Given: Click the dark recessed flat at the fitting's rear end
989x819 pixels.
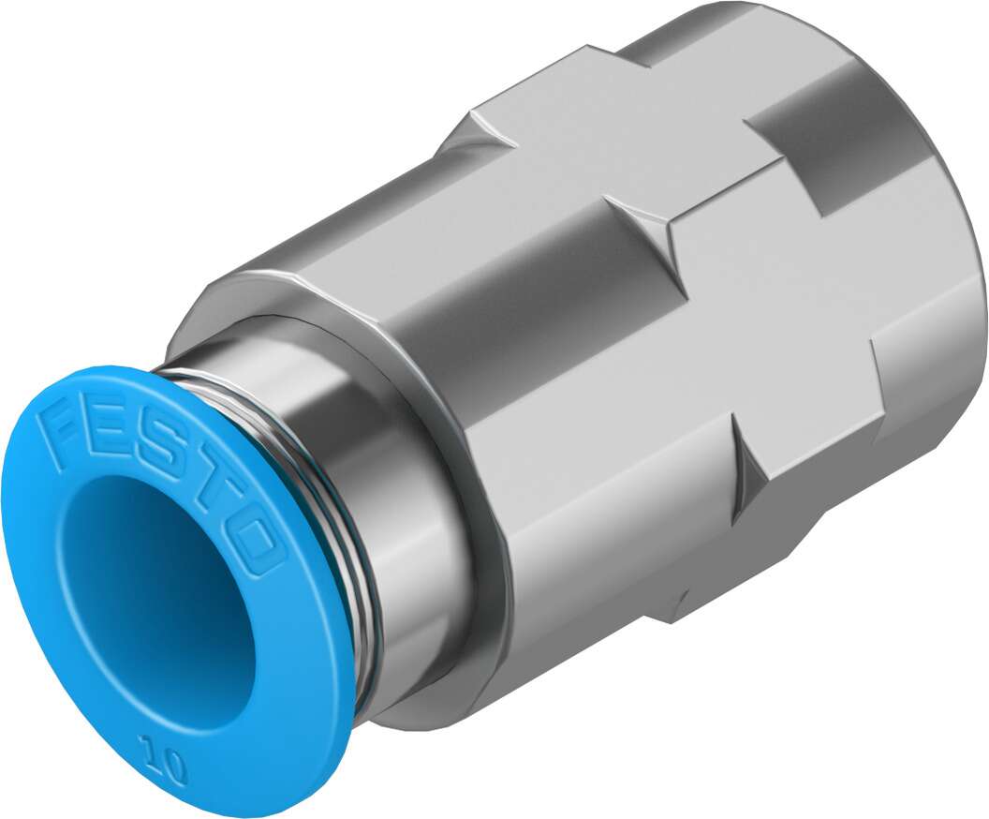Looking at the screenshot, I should click(x=824, y=122).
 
